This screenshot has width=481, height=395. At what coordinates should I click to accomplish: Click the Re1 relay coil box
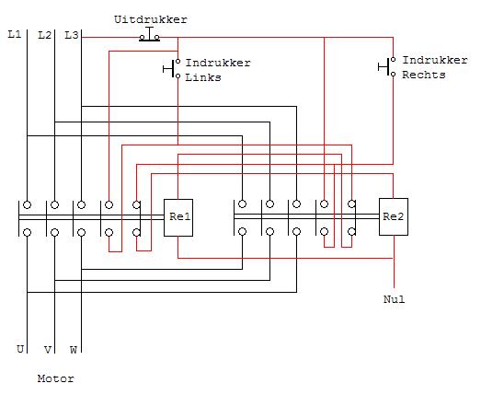(178, 217)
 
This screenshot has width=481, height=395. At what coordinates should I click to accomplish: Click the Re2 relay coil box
(394, 217)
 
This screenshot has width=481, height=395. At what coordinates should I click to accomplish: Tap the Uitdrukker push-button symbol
(149, 35)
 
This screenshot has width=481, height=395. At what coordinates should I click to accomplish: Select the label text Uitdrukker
(151, 19)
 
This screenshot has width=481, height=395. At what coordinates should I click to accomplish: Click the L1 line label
(15, 34)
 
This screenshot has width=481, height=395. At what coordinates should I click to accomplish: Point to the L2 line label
(45, 35)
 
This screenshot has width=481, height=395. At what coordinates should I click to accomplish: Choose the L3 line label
(72, 35)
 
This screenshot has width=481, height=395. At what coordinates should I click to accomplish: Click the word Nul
(395, 299)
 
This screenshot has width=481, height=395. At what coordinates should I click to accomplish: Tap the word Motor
(56, 378)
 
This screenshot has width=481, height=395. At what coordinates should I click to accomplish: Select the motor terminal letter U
(20, 349)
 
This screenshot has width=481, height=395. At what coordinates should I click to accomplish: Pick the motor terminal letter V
(48, 350)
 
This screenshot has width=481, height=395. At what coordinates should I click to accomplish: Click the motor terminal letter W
(74, 350)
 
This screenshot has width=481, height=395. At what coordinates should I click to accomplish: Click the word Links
(203, 77)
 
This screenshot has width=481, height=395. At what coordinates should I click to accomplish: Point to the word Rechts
(424, 75)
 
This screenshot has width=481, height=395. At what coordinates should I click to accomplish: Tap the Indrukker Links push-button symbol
(172, 68)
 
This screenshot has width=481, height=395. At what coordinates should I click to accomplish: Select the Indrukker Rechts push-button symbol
(387, 66)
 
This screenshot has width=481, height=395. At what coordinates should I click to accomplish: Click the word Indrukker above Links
(218, 63)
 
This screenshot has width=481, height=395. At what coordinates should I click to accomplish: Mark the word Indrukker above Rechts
(435, 60)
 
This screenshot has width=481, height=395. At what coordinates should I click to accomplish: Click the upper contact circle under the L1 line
(28, 205)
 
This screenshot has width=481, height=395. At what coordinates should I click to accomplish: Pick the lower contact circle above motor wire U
(28, 233)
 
